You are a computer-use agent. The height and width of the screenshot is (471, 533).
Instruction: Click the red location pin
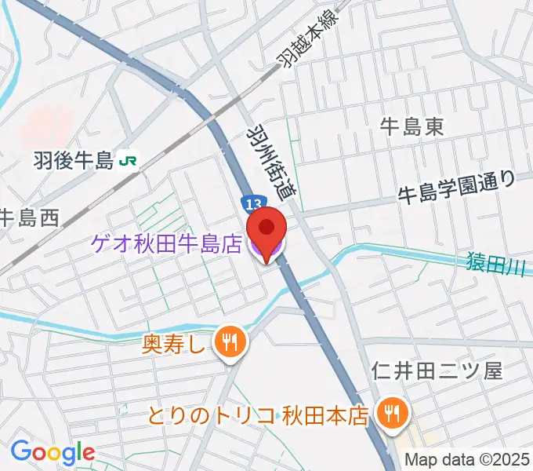pos(266,229)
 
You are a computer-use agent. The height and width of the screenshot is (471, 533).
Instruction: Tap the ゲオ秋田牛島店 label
pos(168,245)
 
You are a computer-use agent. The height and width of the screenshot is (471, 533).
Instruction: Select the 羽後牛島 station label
pos(75,162)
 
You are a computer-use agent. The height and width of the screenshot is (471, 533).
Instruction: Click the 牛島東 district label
pos(412,126)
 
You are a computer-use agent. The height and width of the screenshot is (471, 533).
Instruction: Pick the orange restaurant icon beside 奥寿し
pos(230,340)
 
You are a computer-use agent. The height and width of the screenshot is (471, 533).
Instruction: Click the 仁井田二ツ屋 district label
pos(437,371)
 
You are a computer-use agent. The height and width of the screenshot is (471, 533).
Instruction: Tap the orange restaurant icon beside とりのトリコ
pos(390,411)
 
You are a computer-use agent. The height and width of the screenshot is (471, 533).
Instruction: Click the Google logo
pos(53,452)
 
